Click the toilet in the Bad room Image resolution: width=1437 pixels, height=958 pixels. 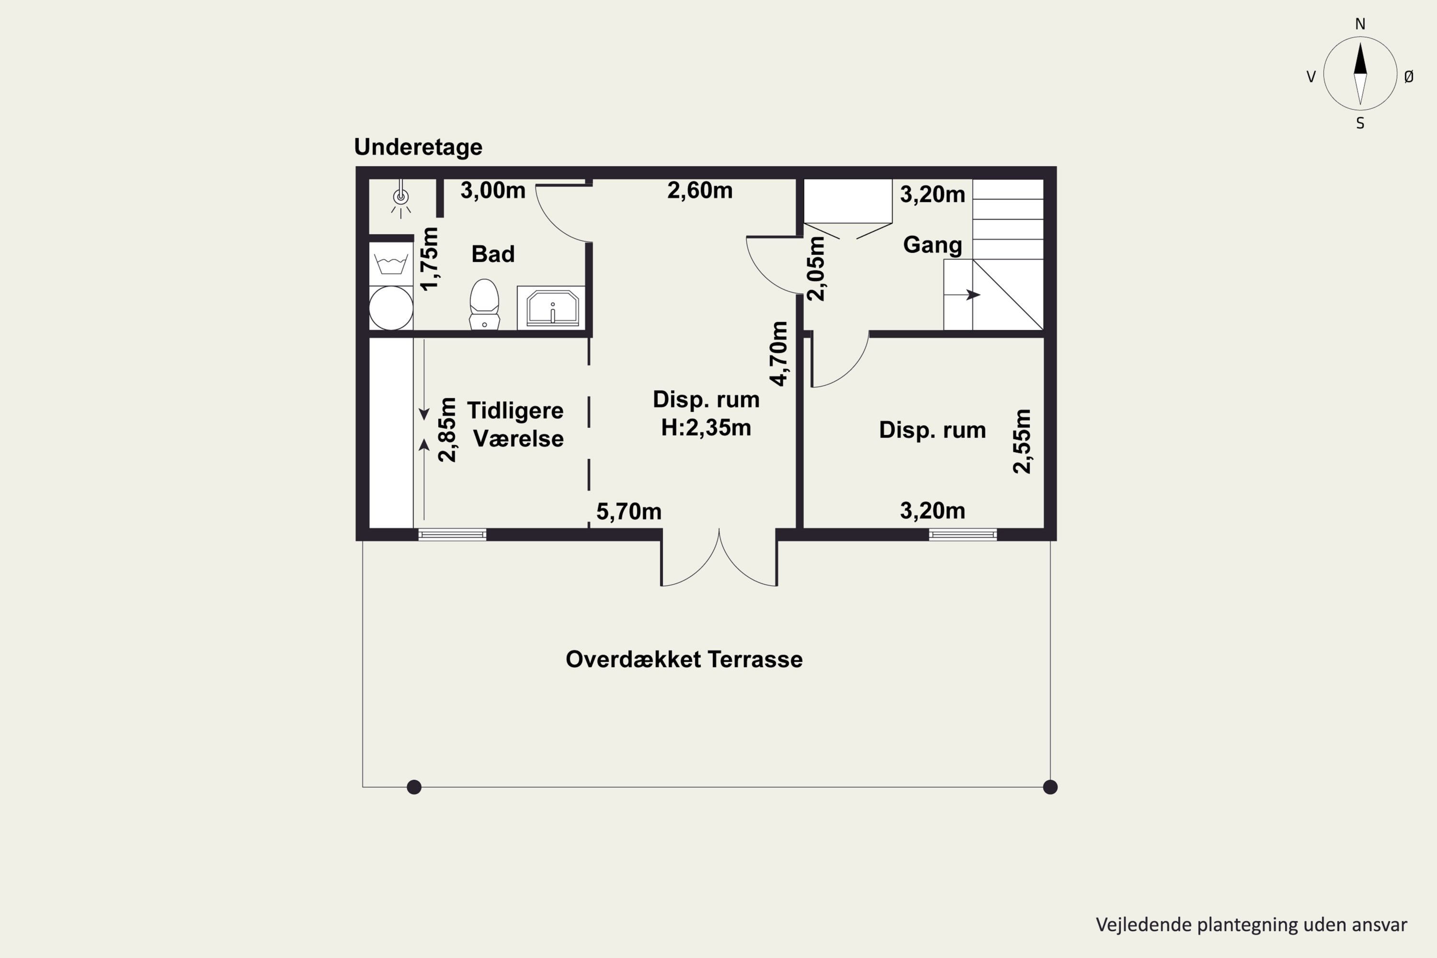484,304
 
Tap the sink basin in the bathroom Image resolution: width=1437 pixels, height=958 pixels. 552,308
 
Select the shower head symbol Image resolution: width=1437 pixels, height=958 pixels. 401,197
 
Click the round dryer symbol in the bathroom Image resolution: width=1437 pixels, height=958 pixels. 391,308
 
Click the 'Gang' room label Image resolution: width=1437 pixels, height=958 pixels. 932,245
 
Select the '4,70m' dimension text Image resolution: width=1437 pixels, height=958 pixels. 779,354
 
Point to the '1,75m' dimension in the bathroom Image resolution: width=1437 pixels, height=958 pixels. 430,259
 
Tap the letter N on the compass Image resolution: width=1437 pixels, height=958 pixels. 1360,24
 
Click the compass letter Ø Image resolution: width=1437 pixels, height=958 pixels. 1409,76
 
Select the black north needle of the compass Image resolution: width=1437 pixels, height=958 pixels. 1360,58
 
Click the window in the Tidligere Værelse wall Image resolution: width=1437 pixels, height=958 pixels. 452,535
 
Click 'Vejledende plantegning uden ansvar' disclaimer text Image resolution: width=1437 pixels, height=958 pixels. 1251,925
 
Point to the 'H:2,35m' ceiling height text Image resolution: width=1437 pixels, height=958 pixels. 706,428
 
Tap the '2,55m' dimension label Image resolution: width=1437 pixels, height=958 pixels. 1022,441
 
